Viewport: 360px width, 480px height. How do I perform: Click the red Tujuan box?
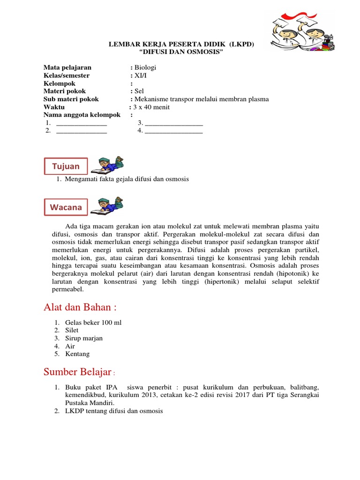point(66,166)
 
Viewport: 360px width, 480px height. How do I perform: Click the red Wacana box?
point(66,207)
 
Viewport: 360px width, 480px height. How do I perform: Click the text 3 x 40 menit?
point(151,107)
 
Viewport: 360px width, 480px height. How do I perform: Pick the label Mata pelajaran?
point(67,67)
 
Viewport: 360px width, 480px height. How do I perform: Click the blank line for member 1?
point(82,123)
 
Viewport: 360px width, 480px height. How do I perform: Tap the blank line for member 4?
point(174,131)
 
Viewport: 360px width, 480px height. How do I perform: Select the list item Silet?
point(72,330)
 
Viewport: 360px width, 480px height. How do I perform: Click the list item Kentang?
point(77,354)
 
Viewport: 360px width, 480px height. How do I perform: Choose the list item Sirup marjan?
point(84,338)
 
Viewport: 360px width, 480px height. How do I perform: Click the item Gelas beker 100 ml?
point(93,322)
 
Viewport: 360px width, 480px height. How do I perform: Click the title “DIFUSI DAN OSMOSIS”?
point(180,51)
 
